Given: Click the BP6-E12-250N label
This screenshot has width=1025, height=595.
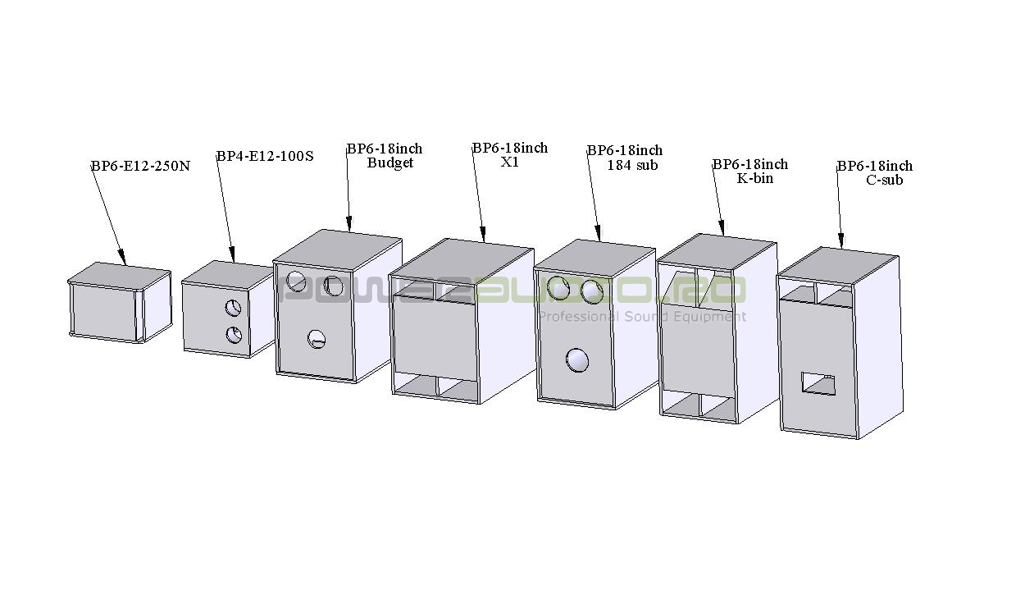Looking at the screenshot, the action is click(140, 166).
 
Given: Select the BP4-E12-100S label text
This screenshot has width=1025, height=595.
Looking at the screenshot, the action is click(265, 156).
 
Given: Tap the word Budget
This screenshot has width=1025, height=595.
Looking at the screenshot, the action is click(389, 162).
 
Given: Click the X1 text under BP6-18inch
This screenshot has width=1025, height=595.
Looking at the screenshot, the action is click(510, 162).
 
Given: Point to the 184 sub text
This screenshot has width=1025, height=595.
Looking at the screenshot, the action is click(632, 165).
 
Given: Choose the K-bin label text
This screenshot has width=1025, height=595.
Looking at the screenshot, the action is click(755, 178).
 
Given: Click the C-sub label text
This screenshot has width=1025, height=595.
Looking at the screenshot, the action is click(885, 180).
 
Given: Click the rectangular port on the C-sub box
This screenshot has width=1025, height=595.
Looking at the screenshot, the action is click(818, 384).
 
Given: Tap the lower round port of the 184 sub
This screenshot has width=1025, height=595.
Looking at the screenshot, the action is click(577, 360).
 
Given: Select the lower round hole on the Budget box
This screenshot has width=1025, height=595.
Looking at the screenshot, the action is click(317, 339).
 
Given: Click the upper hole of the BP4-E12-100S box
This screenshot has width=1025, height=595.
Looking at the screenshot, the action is click(234, 309).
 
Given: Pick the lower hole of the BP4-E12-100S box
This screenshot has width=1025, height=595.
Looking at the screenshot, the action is click(235, 336).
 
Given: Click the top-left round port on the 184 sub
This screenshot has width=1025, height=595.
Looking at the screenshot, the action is click(558, 288).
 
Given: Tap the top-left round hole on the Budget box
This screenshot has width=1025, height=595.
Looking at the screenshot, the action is click(296, 281).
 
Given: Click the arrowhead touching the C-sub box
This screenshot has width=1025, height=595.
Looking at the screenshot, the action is click(841, 241).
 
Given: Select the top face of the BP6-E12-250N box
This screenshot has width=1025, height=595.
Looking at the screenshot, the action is click(120, 274).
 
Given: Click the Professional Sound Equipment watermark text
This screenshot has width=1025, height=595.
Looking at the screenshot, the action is click(642, 317).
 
